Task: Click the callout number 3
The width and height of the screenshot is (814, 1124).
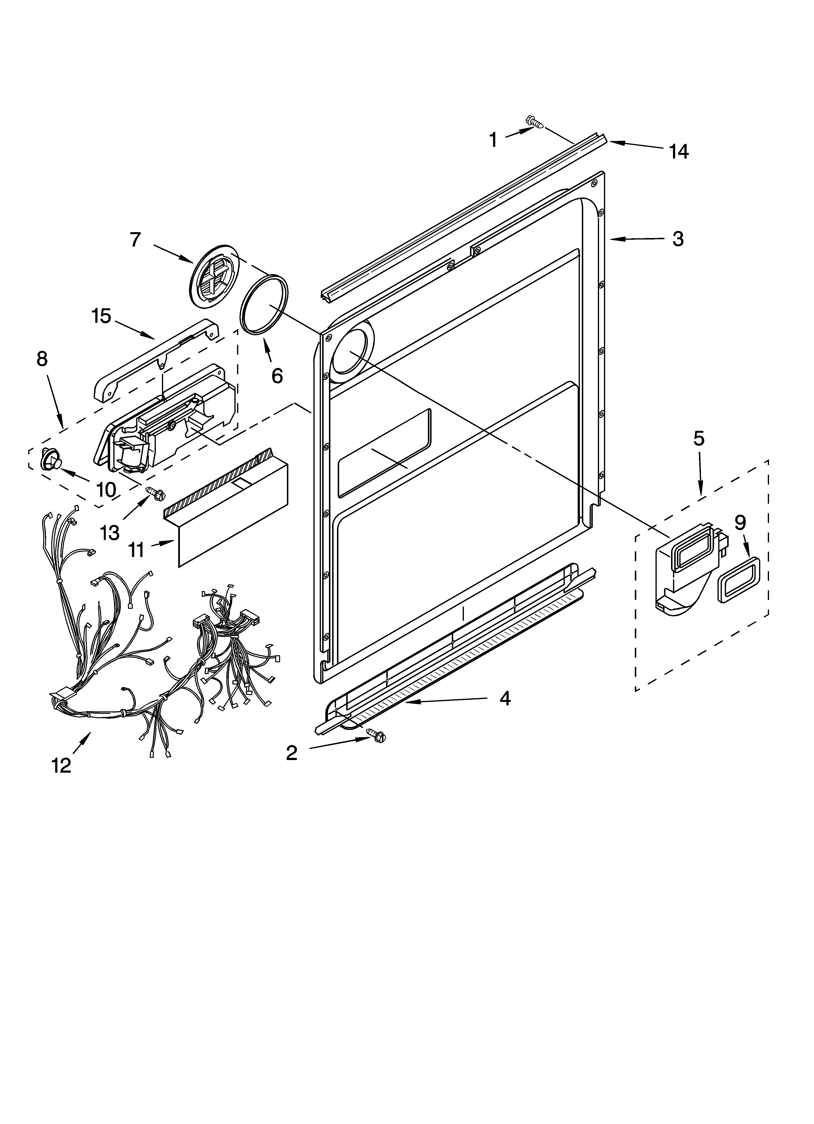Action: pyautogui.click(x=678, y=239)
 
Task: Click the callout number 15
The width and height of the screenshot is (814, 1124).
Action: pyautogui.click(x=101, y=316)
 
